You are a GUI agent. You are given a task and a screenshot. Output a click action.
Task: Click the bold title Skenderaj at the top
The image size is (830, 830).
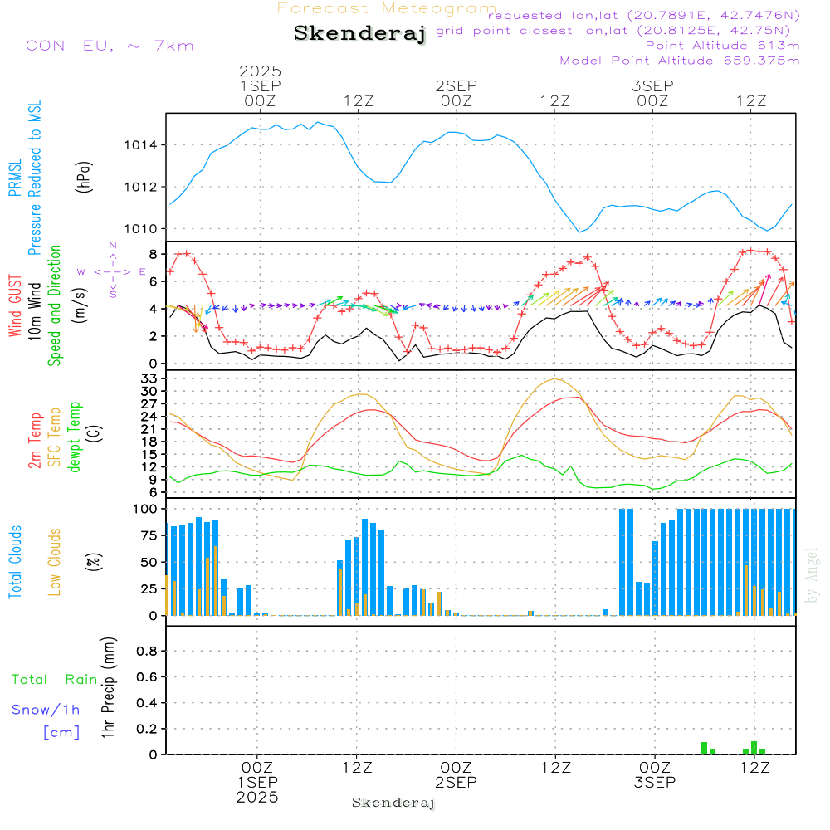(359, 33)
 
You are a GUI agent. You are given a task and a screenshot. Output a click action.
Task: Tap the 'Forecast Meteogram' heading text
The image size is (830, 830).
(387, 8)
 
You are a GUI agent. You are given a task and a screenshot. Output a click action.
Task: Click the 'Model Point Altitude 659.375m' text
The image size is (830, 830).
(679, 60)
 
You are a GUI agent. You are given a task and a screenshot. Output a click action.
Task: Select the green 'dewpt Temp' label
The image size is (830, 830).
(76, 437)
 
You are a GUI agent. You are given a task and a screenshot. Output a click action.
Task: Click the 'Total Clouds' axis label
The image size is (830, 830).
(16, 561)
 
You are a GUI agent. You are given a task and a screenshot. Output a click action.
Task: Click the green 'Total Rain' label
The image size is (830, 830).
(54, 680)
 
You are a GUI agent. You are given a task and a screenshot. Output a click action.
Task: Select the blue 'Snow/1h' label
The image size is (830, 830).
(46, 710)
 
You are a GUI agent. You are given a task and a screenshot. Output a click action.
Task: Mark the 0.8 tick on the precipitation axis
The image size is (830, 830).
(147, 651)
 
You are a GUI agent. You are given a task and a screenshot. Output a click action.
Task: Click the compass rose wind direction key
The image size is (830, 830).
(113, 271)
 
